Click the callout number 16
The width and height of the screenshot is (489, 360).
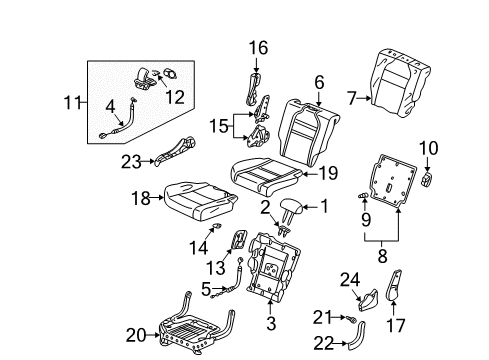click(x=258, y=48)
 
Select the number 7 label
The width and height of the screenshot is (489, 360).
click(x=352, y=98)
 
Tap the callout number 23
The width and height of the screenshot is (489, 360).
click(x=131, y=162)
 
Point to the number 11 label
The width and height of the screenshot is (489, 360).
click(x=72, y=102)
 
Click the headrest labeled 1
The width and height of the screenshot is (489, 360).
click(x=292, y=208)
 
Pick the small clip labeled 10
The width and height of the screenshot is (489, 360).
click(x=428, y=179)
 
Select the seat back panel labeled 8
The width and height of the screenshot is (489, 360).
click(x=393, y=180)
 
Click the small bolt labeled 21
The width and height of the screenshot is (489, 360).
click(x=352, y=319)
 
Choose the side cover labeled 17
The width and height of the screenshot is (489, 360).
click(x=393, y=283)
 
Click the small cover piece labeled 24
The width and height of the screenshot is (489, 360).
click(x=369, y=300)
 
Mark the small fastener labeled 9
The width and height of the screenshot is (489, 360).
click(x=363, y=195)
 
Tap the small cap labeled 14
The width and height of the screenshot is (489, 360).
click(x=216, y=226)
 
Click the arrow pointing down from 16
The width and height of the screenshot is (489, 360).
click(x=256, y=65)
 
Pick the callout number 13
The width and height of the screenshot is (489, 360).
click(x=216, y=268)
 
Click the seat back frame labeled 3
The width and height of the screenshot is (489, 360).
click(x=273, y=267)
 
